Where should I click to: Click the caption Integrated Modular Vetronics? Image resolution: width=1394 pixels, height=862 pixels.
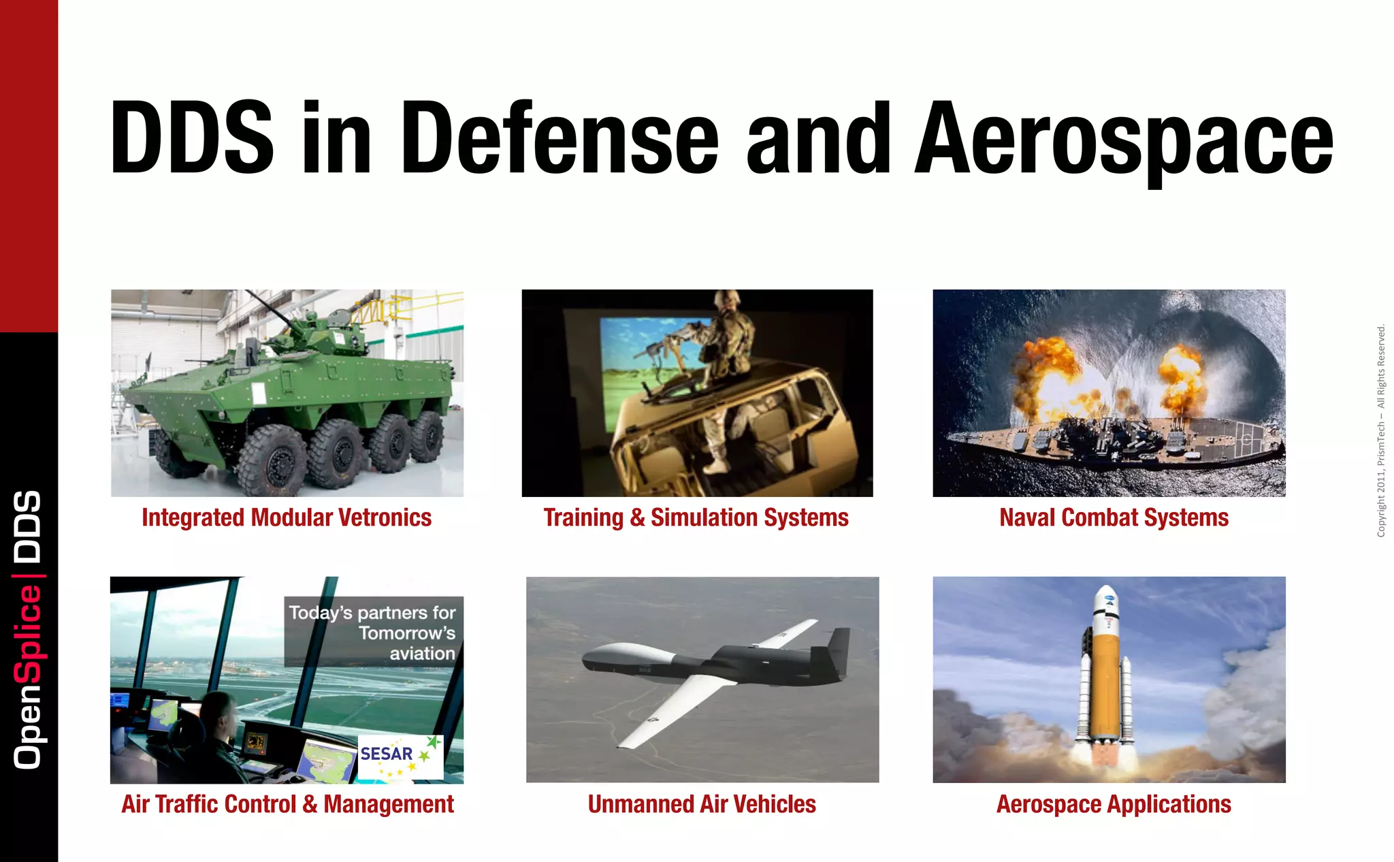[x=287, y=517]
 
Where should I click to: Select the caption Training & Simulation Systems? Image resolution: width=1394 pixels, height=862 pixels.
[x=696, y=517]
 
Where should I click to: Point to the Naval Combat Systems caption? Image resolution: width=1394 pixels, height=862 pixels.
[x=1114, y=517]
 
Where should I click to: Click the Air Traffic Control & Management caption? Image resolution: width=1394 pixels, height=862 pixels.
[x=287, y=804]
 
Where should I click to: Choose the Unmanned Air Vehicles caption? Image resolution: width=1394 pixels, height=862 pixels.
[x=702, y=804]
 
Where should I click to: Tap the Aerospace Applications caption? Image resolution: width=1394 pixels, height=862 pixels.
[x=1114, y=804]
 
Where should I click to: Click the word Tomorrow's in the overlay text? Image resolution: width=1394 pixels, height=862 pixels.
[x=407, y=633]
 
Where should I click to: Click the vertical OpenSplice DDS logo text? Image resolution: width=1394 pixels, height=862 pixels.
[x=28, y=630]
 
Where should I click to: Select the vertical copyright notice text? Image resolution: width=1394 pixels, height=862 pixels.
[x=1381, y=431]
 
